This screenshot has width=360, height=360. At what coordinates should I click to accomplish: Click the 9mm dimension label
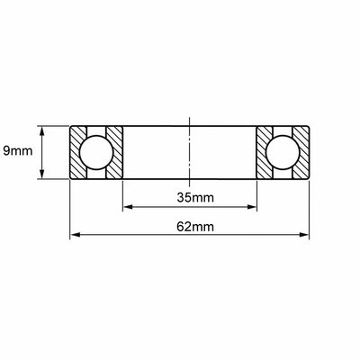pyautogui.click(x=18, y=151)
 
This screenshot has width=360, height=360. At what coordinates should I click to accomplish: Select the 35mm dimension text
pyautogui.click(x=195, y=198)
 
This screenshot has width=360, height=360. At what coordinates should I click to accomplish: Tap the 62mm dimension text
pyautogui.click(x=195, y=227)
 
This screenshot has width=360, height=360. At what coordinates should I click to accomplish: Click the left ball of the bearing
pyautogui.click(x=96, y=152)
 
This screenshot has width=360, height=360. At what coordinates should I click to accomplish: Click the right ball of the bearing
pyautogui.click(x=283, y=152)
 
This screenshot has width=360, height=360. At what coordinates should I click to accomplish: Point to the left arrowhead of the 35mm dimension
pyautogui.click(x=128, y=207)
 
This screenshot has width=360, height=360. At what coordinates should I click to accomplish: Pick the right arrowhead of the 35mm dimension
pyautogui.click(x=252, y=207)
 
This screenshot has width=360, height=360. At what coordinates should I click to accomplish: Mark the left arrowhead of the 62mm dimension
pyautogui.click(x=76, y=235)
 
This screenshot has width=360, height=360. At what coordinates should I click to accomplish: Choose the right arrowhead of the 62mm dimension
pyautogui.click(x=303, y=235)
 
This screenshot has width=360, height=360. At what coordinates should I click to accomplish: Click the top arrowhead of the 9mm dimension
pyautogui.click(x=42, y=131)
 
